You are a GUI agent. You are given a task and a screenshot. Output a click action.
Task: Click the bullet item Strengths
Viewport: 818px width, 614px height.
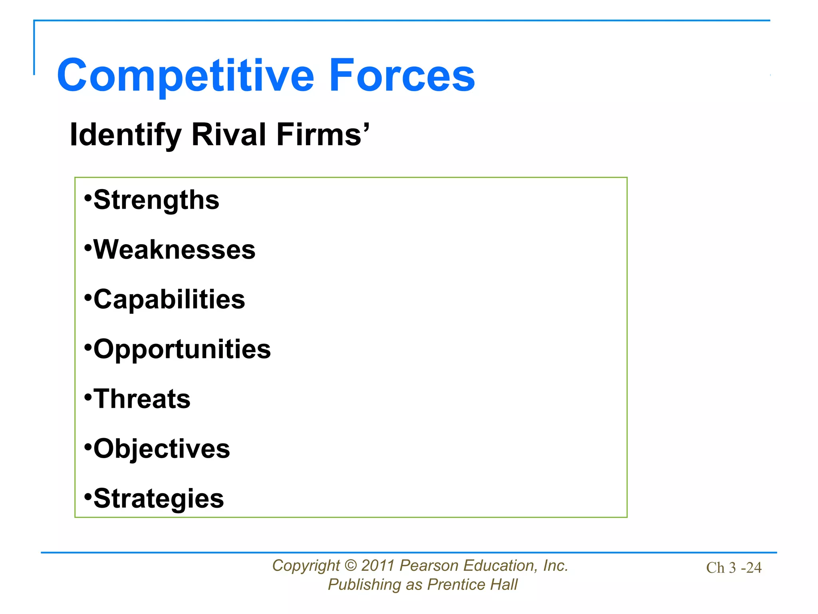click(x=156, y=200)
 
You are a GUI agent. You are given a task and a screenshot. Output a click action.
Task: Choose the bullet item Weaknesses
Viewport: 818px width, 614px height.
click(x=174, y=250)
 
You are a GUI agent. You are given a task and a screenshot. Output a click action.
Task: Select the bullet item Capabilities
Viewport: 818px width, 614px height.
click(x=169, y=299)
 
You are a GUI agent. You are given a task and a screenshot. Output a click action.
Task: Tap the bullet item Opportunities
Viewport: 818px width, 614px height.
click(x=182, y=349)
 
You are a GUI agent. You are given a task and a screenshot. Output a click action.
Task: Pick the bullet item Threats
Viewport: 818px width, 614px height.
click(x=142, y=399)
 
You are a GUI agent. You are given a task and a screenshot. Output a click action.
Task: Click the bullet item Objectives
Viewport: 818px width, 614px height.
click(x=161, y=449)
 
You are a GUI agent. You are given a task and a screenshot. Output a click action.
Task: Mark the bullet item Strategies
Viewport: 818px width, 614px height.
click(x=159, y=498)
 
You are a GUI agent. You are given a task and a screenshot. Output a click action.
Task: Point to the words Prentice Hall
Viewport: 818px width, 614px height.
click(x=472, y=585)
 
